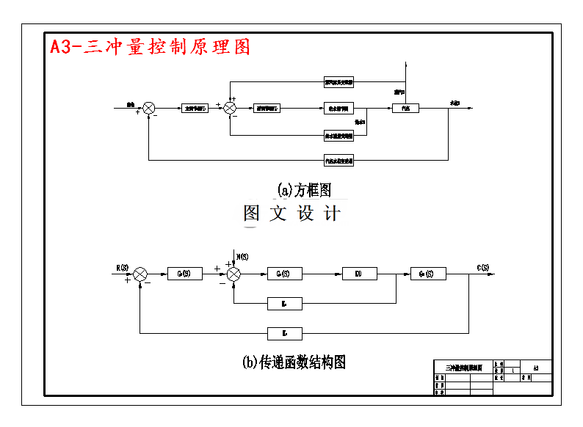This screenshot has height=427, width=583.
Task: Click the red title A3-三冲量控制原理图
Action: click(150, 46)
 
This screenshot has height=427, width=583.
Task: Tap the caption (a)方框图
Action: click(304, 190)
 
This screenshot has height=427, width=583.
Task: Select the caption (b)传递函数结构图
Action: click(293, 362)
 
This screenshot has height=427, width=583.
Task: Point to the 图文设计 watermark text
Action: click(292, 213)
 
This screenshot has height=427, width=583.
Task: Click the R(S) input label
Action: click(122, 266)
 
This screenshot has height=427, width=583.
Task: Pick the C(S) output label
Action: click(483, 266)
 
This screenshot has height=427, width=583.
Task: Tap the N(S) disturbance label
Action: click(242, 256)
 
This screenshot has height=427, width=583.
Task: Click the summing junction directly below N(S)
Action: click(233, 274)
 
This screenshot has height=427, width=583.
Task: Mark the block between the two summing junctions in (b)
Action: click(184, 274)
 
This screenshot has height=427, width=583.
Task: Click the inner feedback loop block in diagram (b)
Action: click(285, 302)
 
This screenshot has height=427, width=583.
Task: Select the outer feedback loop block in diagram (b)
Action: click(285, 333)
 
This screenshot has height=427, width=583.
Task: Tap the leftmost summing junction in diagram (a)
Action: click(149, 108)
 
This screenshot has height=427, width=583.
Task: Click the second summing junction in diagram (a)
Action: click(230, 108)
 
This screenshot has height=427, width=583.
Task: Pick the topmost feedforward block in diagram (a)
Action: click(338, 81)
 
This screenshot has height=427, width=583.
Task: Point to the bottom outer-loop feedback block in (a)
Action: click(338, 159)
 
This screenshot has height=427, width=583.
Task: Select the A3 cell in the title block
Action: click(536, 368)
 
